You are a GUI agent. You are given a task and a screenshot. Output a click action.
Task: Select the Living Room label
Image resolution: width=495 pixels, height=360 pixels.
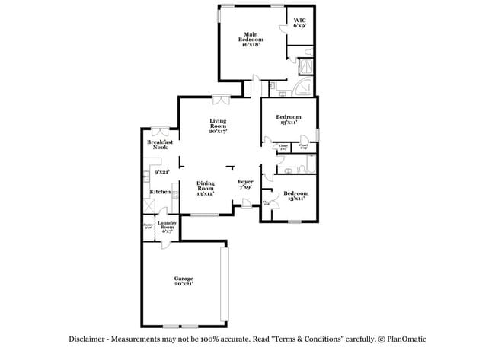pos(219,126)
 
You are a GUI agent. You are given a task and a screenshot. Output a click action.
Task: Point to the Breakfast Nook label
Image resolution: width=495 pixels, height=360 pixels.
pos(159,144)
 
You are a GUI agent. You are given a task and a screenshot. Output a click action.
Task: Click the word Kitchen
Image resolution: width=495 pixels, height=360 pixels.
pos(159,192)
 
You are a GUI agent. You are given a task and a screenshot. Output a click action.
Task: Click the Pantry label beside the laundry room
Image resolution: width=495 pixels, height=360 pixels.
pos(148,225)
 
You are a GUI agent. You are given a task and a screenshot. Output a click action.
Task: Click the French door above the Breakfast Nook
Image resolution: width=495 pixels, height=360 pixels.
pos(160,129)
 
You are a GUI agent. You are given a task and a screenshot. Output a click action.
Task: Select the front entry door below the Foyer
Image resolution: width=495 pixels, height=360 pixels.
pos(247,202)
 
